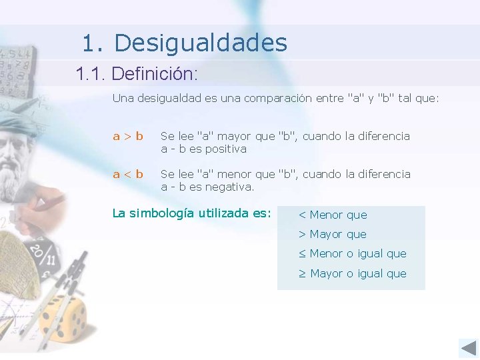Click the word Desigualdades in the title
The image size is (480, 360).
[201, 43]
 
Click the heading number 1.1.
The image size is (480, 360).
[91, 73]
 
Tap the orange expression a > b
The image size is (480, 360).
[128, 137]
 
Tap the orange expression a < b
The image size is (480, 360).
[128, 175]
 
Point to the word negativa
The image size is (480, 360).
[229, 187]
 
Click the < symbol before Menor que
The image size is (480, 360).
[302, 215]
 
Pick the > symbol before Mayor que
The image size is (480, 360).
[302, 234]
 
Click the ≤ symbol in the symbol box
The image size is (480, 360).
[302, 253]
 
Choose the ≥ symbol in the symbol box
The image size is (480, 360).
[302, 273]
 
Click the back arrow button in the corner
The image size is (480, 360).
[468, 348]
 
